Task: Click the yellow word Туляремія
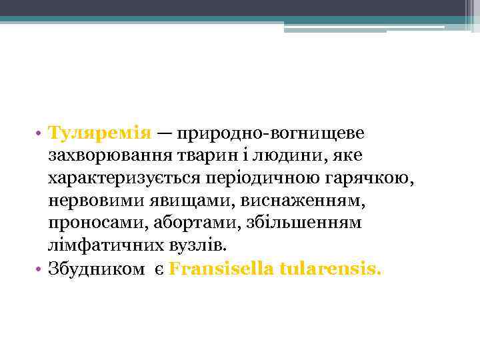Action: (101, 133)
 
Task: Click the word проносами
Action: (87, 223)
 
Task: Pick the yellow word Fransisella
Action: (225, 269)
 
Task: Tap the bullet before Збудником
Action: (40, 269)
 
